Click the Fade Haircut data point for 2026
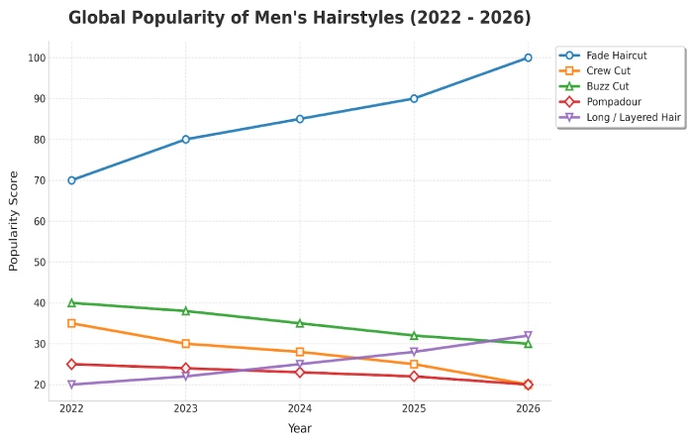(x=528, y=57)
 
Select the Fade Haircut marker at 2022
(x=71, y=180)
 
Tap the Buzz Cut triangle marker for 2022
(x=71, y=302)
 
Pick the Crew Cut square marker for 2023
(x=185, y=344)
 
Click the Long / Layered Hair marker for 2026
(x=528, y=336)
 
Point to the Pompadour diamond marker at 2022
(x=71, y=364)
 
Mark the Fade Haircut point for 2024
(x=300, y=119)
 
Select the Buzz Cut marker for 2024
(x=300, y=323)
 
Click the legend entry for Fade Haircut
(x=616, y=56)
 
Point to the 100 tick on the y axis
(x=37, y=57)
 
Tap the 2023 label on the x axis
(x=185, y=408)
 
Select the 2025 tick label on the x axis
(x=414, y=408)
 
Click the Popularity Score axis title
(x=14, y=221)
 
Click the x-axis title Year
(x=300, y=428)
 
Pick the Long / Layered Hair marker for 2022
(x=71, y=385)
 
